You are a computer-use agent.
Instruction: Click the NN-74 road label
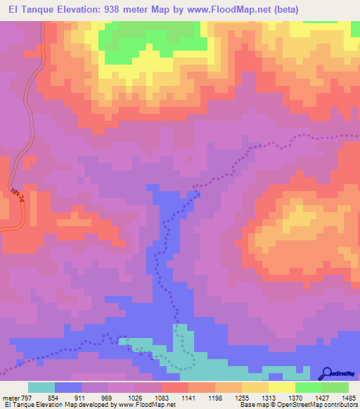click(x=17, y=195)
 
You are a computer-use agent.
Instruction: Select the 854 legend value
click(x=69, y=397)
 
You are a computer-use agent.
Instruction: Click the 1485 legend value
click(x=347, y=397)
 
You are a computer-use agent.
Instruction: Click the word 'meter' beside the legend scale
click(x=11, y=397)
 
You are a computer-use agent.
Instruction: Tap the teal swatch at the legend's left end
click(x=41, y=387)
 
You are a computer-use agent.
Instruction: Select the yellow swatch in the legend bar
click(x=281, y=387)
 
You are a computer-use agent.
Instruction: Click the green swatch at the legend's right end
click(x=335, y=387)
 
